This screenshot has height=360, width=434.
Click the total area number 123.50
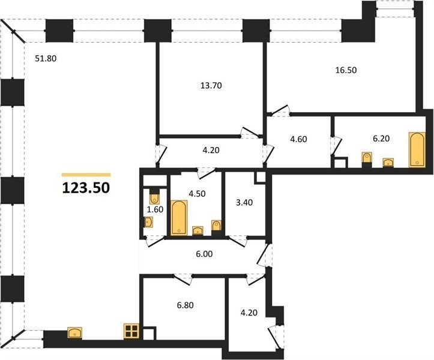point(86,188)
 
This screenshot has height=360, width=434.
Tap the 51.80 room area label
point(46,58)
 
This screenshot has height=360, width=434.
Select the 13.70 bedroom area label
point(211,86)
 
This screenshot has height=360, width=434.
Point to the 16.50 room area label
point(346,70)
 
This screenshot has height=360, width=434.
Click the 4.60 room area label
point(298,139)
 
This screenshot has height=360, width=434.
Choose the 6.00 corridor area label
point(204,254)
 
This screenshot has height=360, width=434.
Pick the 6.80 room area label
point(185,305)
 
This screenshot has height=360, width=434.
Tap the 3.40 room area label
point(244,203)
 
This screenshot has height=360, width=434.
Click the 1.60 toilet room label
point(155,209)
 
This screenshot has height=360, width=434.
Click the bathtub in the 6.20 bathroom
point(417,150)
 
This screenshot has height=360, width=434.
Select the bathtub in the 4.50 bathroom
point(179,218)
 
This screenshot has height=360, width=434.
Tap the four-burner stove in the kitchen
point(131,331)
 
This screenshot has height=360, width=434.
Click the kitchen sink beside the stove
point(74,332)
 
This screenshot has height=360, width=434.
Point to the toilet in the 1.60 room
point(154,197)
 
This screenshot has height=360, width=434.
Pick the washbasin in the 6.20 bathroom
point(388,163)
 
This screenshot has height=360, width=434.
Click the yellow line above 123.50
point(86,175)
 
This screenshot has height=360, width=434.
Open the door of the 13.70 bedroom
point(250,133)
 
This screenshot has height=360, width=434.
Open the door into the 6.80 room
point(182,279)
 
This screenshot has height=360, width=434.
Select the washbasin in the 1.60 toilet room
point(149,222)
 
